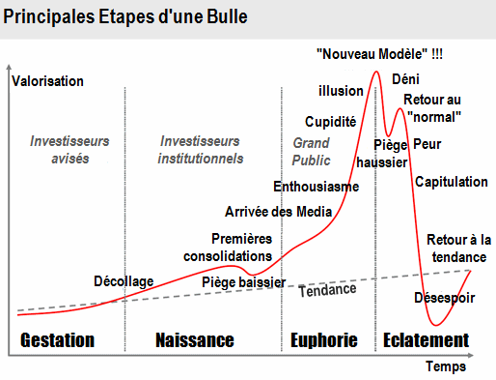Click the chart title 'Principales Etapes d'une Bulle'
124,17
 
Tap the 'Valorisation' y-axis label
48,80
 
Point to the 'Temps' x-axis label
445,366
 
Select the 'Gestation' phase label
58,340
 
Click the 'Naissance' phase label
195,340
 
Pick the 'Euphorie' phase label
324,340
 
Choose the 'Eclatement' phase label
426,340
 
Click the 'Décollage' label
124,281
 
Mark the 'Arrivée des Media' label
279,211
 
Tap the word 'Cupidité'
331,122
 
